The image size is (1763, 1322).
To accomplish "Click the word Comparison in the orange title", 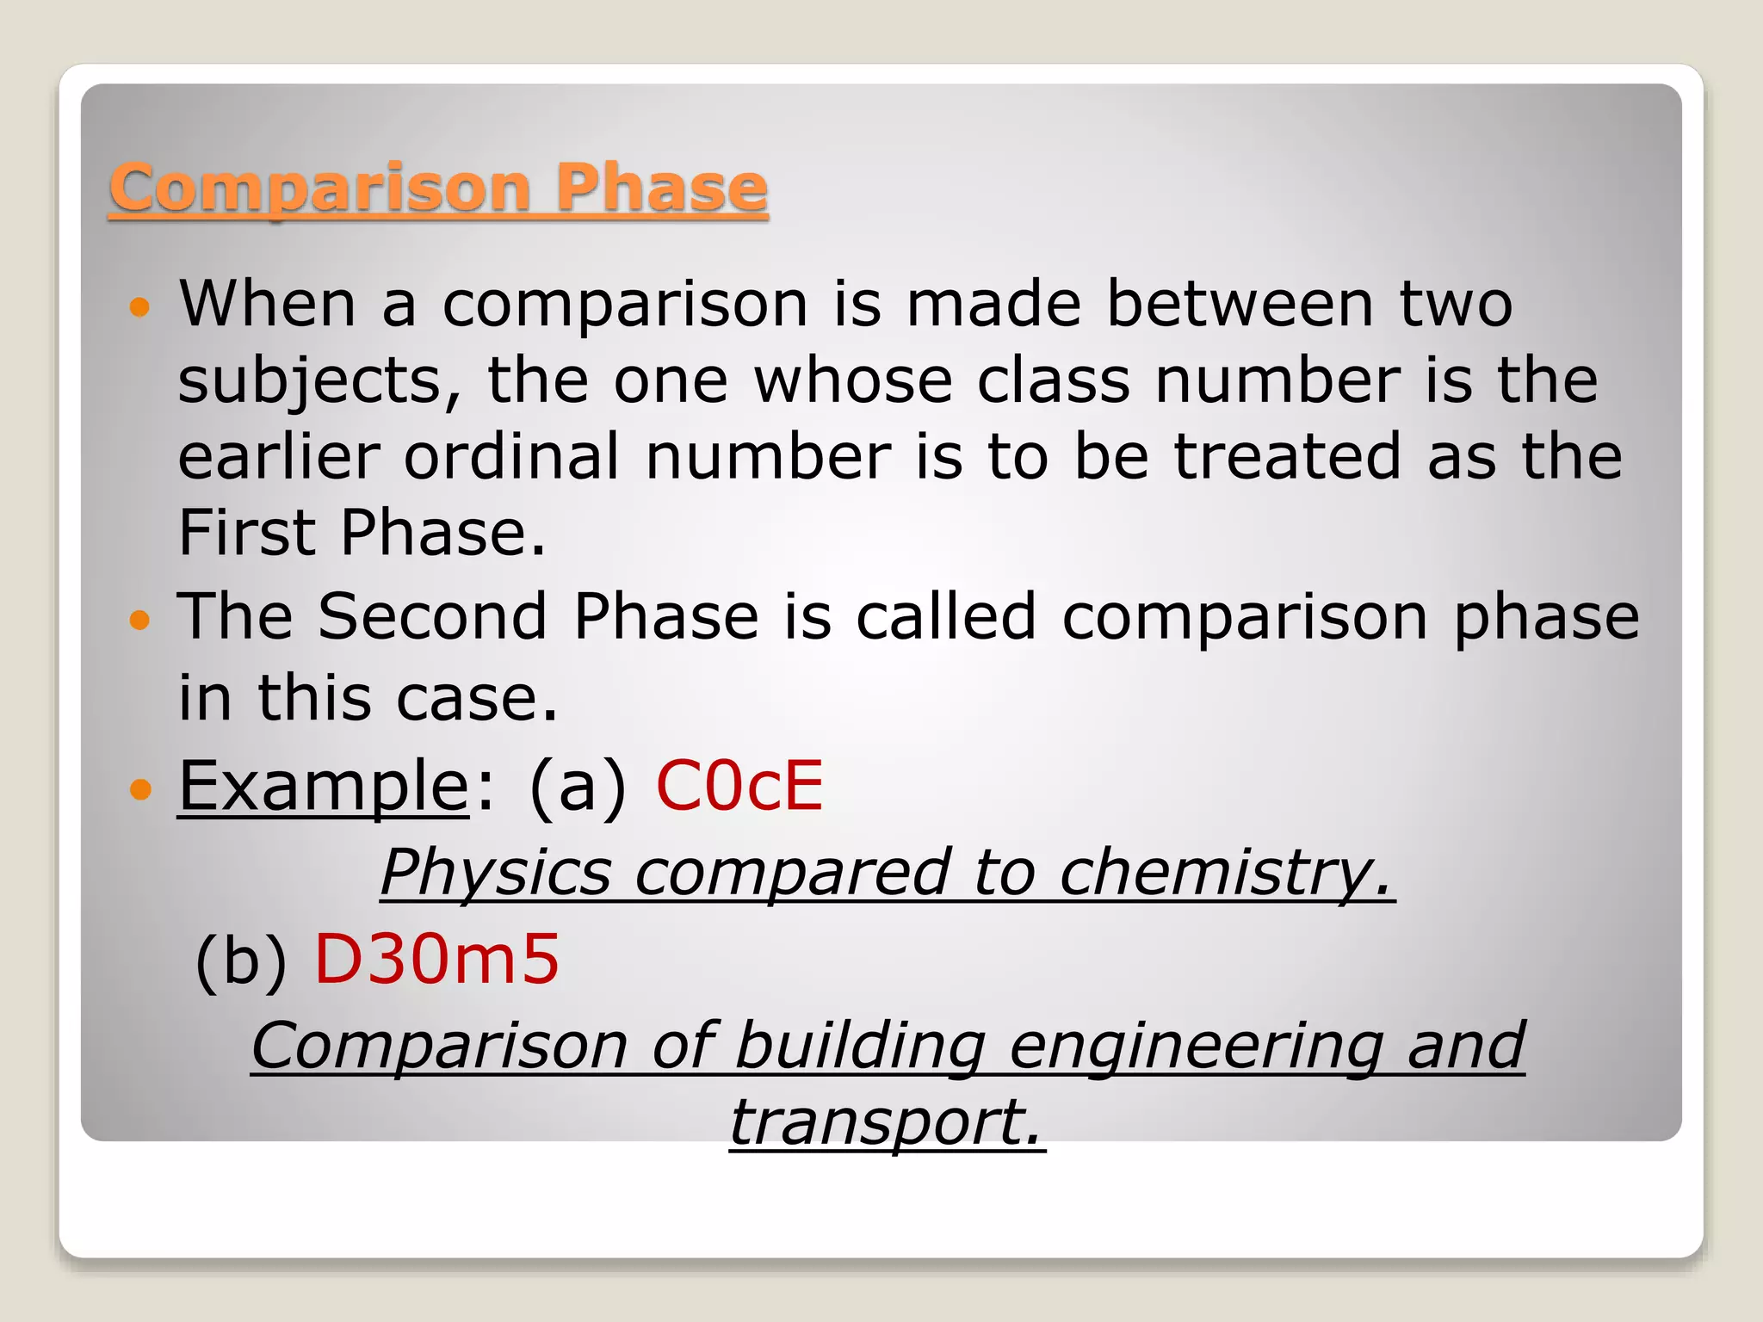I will click(x=319, y=188).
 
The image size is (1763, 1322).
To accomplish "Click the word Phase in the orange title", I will click(x=660, y=188).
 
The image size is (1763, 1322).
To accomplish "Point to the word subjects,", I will click(x=319, y=381).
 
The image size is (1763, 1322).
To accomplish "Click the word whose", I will click(x=853, y=381).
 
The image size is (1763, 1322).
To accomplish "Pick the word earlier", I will click(x=279, y=457).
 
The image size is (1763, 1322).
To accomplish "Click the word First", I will click(x=244, y=533).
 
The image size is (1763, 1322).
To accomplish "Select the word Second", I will click(x=432, y=617).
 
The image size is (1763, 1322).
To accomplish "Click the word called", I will click(x=946, y=617).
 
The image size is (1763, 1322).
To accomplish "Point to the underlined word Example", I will click(x=323, y=786).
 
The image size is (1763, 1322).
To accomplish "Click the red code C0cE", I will click(x=739, y=786).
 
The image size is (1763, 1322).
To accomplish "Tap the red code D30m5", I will click(x=436, y=960).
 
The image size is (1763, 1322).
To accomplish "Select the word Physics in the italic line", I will click(x=496, y=873).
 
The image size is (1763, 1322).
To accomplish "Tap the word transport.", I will click(x=887, y=1122).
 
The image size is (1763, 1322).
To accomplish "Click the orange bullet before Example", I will click(x=139, y=788).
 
